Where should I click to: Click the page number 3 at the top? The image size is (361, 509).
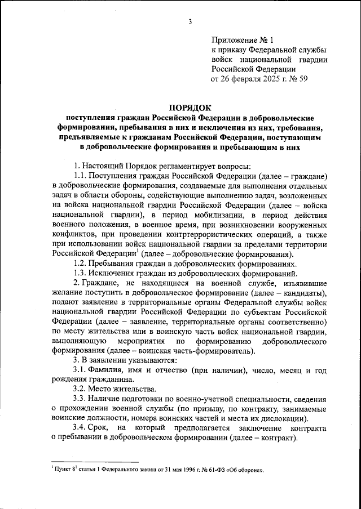(x=190, y=22)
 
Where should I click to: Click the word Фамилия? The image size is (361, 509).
(x=112, y=369)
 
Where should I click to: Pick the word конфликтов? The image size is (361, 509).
(x=74, y=234)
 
